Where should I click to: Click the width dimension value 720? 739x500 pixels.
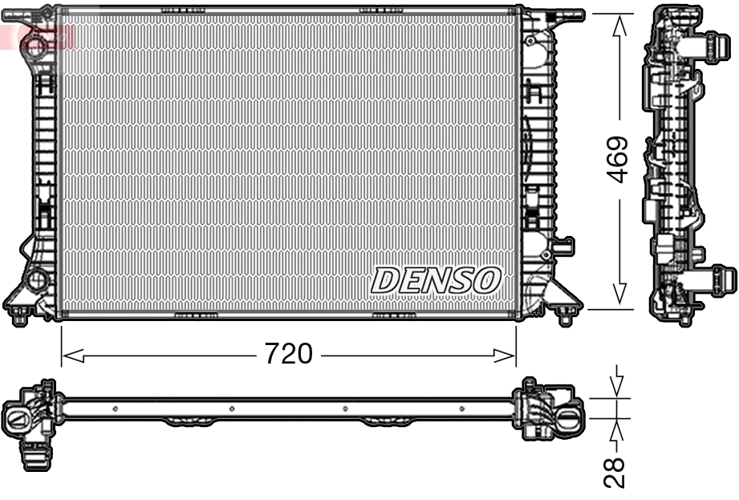pos(289,353)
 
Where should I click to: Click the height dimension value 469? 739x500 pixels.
pos(618,159)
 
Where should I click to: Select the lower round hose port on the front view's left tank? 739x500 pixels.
pos(36,280)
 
